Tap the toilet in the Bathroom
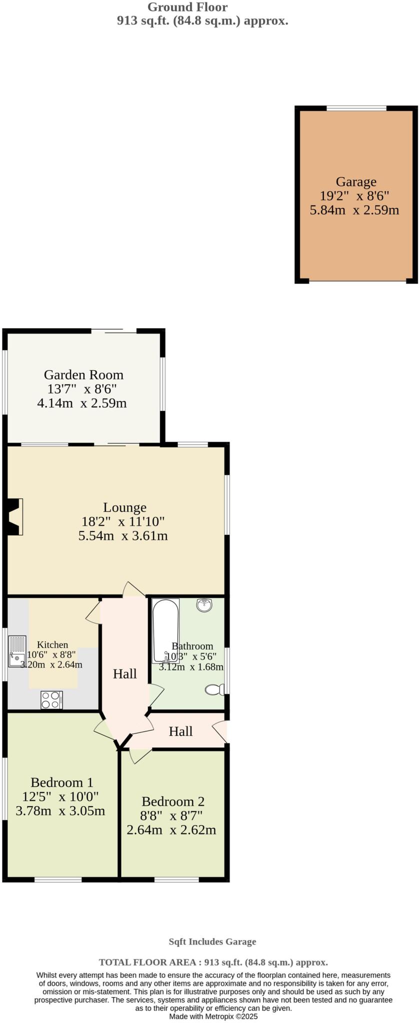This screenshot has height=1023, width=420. (215, 690)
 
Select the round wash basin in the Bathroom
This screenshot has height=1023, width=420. (204, 605)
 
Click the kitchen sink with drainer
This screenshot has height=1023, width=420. (17, 651)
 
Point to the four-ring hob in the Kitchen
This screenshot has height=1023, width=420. (51, 699)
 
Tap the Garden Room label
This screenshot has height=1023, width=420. (83, 375)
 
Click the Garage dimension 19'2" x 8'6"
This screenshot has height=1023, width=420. (354, 196)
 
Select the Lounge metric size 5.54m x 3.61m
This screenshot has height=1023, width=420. (123, 536)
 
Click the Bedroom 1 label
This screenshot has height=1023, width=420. (62, 782)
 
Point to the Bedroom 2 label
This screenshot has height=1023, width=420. (173, 801)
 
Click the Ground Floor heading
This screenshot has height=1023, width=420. (187, 7)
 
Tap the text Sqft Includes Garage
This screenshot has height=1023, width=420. (212, 942)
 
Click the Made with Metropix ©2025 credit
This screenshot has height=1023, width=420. (213, 1017)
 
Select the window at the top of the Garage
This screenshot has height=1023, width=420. (356, 108)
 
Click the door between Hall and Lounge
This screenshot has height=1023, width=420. (134, 589)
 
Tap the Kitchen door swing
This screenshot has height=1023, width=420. (93, 612)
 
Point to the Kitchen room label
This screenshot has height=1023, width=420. (52, 645)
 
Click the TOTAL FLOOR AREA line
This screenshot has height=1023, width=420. (213, 962)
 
